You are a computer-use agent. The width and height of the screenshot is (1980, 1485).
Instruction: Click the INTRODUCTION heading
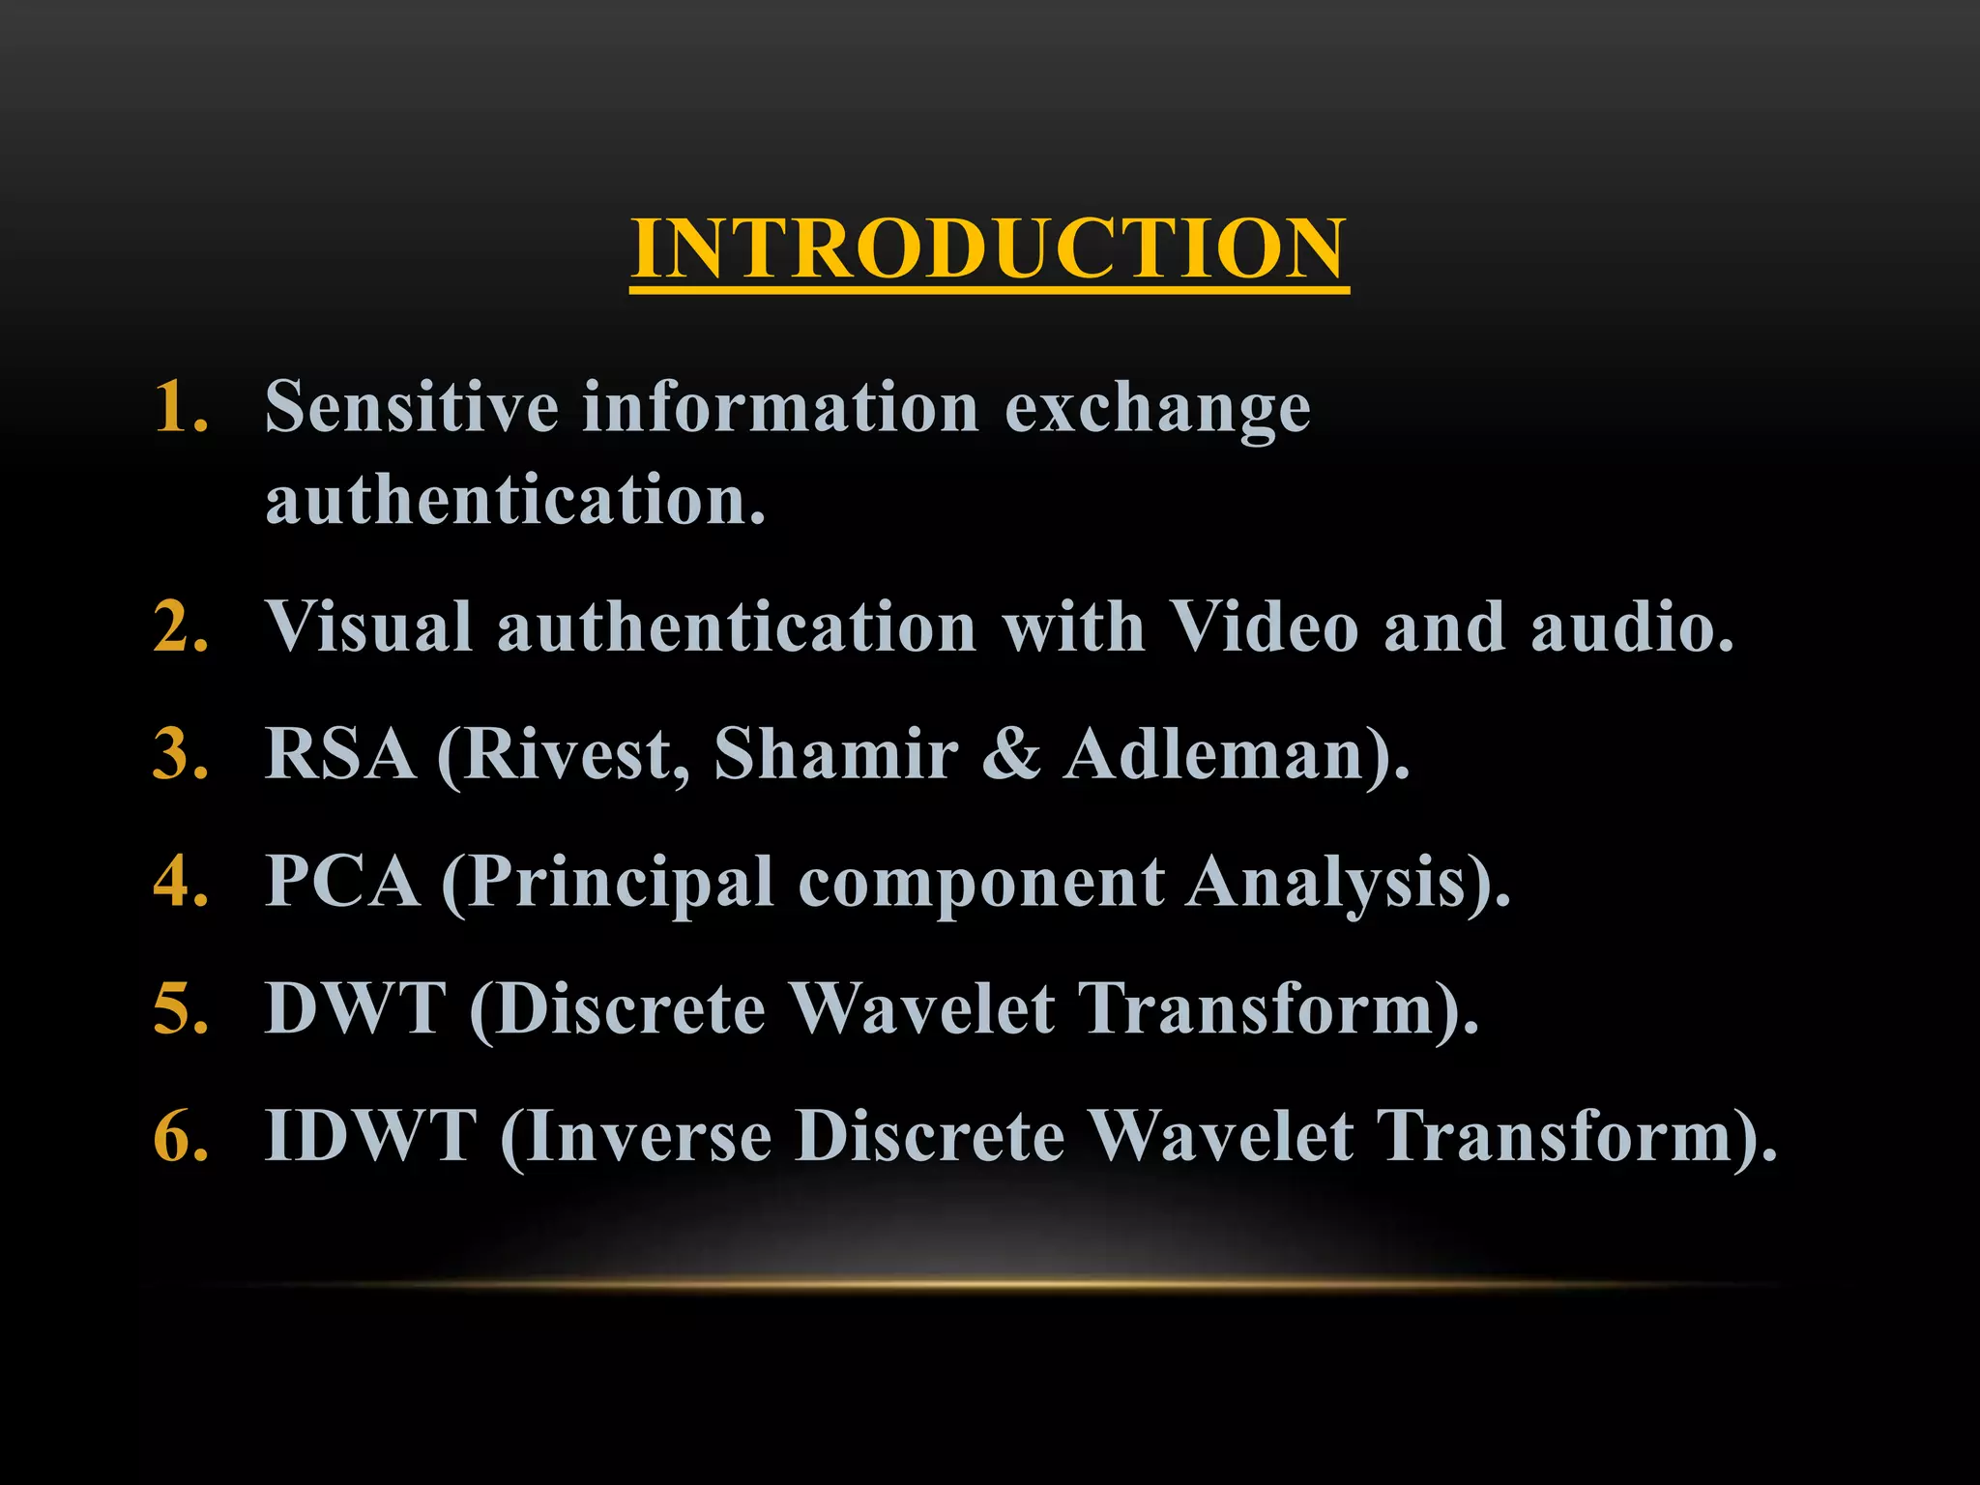coord(988,248)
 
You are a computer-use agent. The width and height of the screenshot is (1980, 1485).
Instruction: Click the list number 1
coord(181,406)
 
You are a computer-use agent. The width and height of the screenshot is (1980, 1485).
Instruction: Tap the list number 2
coord(181,627)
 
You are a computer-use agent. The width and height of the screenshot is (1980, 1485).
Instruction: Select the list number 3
coord(181,754)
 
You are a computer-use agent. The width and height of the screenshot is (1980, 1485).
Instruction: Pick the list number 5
coord(181,1008)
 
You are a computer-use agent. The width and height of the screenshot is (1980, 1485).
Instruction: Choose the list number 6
coord(181,1135)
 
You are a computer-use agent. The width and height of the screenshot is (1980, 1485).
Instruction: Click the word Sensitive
coord(411,406)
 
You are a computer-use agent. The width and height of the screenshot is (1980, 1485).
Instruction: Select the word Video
coord(1265,627)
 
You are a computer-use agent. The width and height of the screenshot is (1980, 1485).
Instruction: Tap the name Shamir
coord(836,754)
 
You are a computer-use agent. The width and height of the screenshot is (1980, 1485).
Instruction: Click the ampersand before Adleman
coord(1011,754)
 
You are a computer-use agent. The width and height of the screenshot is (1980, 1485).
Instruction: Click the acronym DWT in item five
coord(356,1008)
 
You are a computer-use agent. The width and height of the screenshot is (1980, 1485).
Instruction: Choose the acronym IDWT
coord(371,1135)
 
